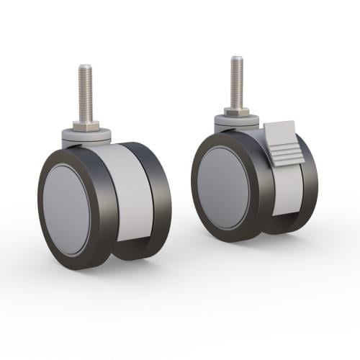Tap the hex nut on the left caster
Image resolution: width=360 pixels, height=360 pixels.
[85, 126]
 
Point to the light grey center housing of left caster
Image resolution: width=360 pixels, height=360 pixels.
[133, 191]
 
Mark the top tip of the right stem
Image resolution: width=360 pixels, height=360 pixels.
[236, 58]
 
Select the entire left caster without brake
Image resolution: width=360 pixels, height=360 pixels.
[104, 187]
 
